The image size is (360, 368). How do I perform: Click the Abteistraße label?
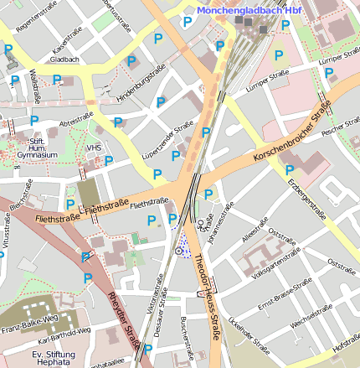tap(76, 117)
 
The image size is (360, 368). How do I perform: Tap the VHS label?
tap(93, 148)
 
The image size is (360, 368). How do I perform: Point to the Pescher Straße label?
tap(339, 131)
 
